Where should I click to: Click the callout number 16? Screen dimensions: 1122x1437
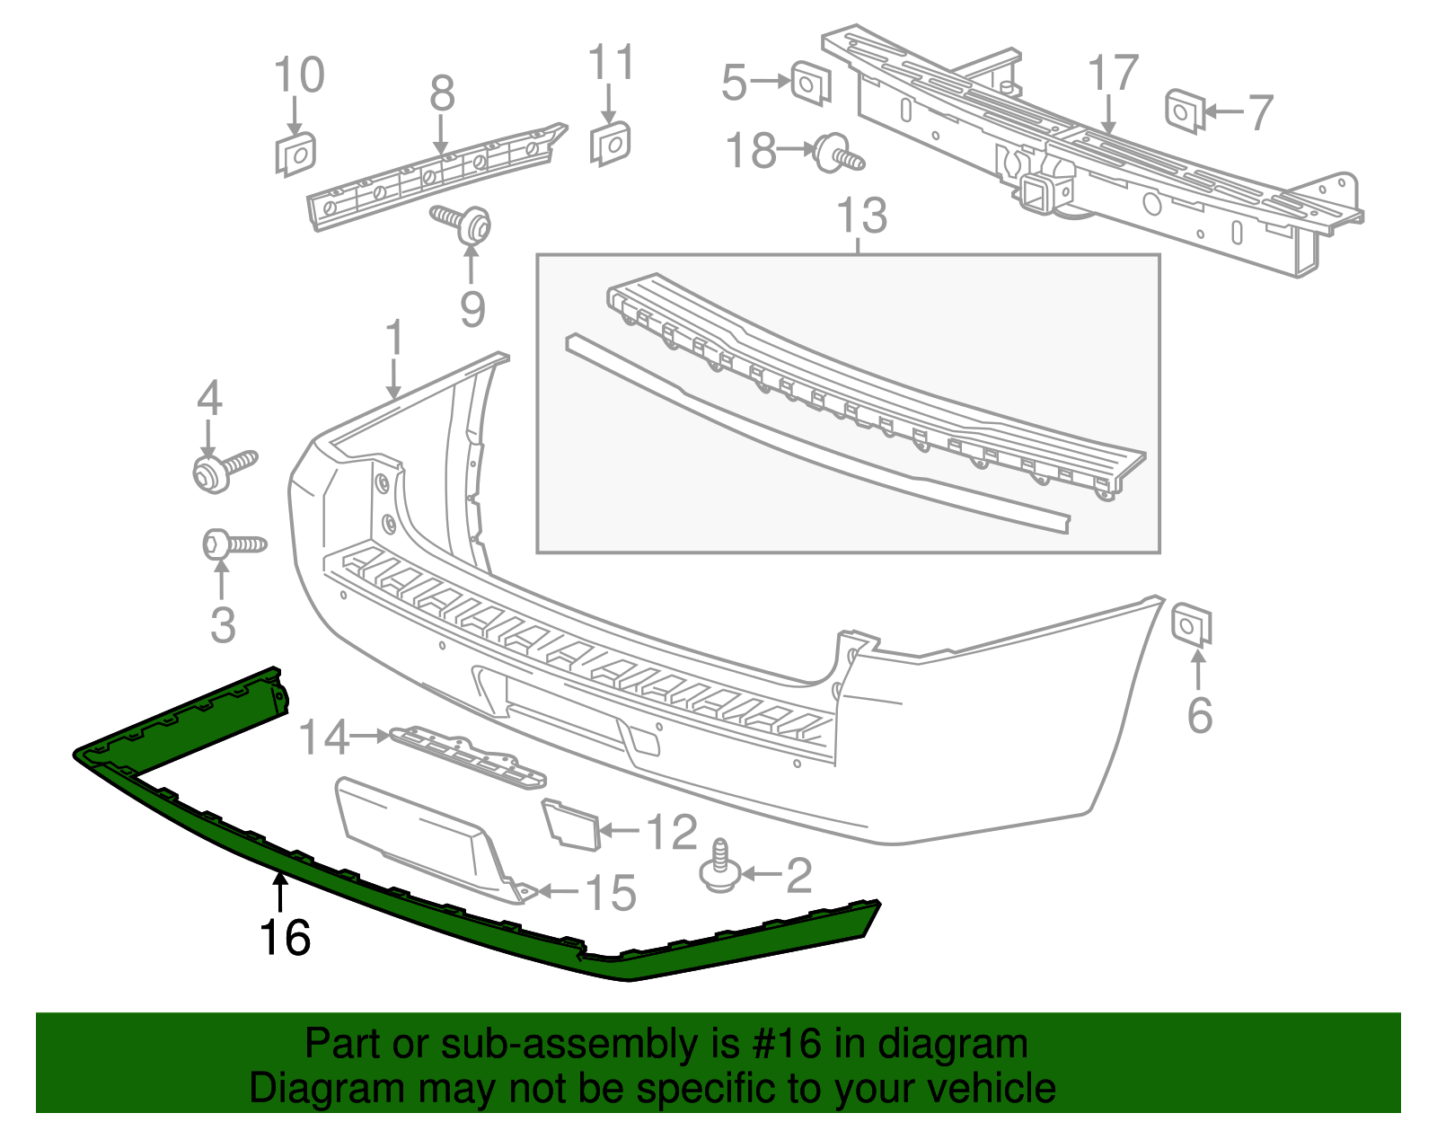click(285, 938)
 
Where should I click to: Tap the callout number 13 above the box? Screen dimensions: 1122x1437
click(861, 216)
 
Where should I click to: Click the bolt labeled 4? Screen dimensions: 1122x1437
click(223, 469)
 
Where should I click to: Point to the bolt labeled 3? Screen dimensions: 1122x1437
click(233, 544)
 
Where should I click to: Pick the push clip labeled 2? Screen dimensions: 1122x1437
click(718, 868)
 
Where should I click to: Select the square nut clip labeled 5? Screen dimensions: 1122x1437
click(811, 83)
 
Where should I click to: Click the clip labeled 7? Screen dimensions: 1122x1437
click(1184, 110)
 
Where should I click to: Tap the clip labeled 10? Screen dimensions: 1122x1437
click(295, 154)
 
